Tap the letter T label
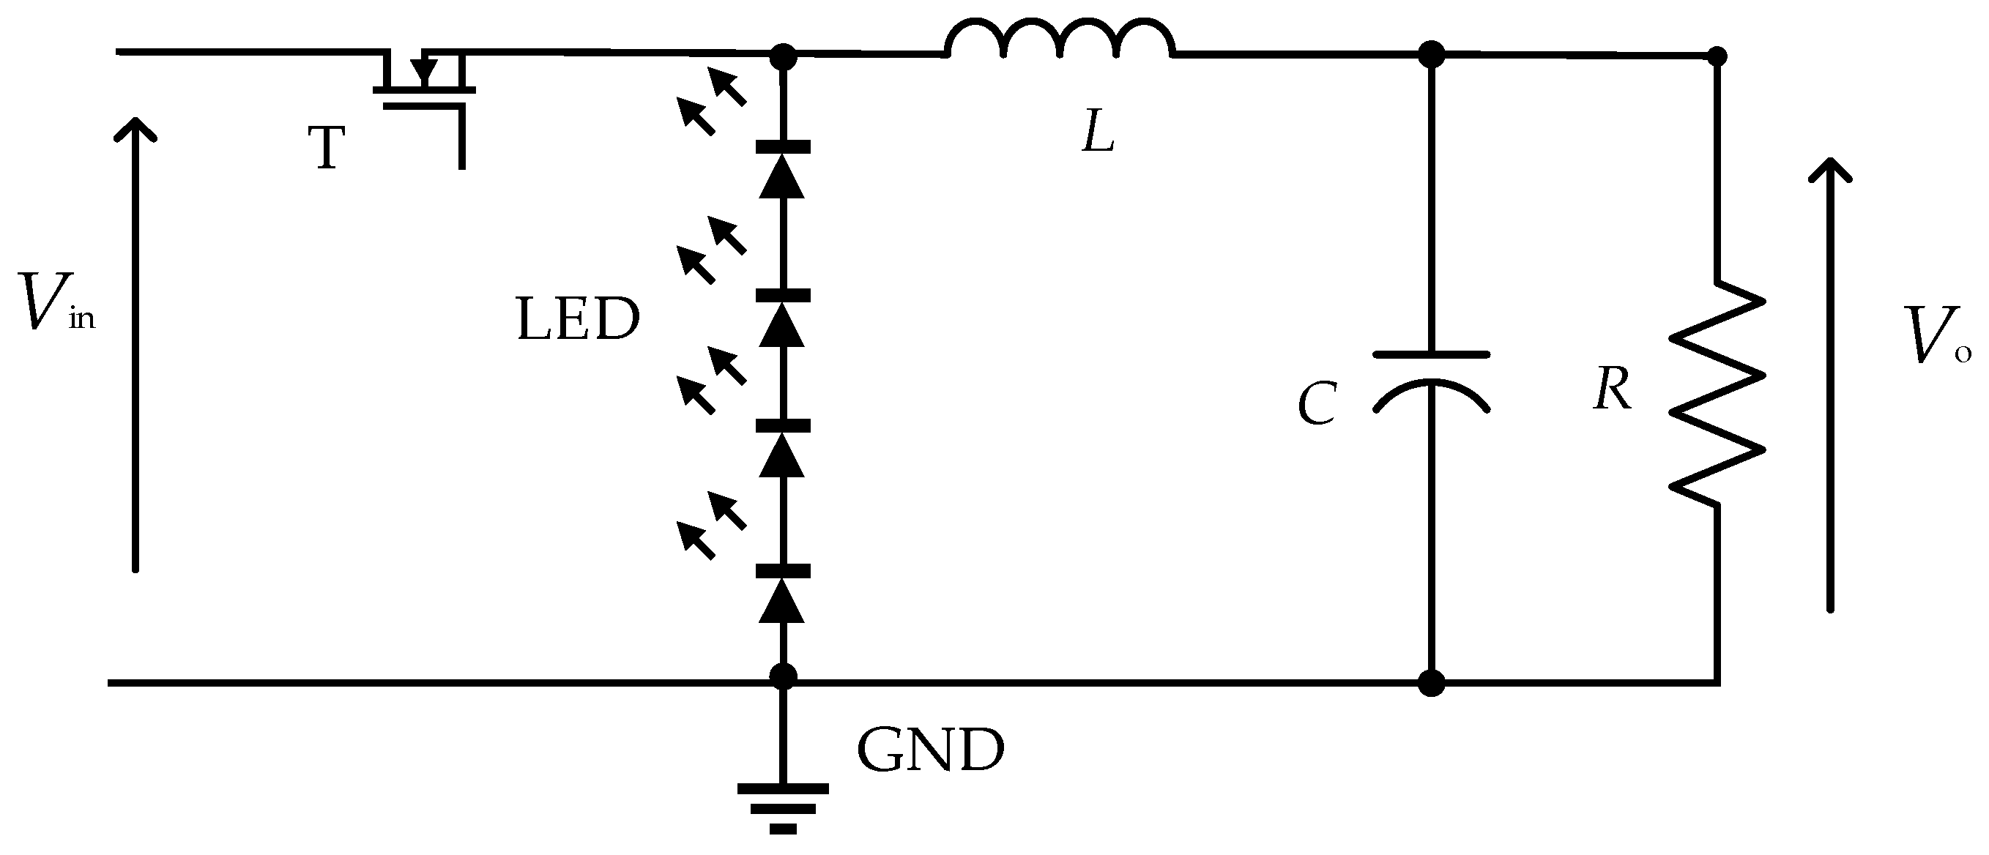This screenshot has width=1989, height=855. [327, 148]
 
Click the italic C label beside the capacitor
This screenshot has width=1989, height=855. [1317, 404]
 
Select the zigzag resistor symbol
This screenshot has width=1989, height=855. [1717, 394]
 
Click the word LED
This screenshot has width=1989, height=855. [578, 319]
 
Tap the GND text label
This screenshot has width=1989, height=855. [930, 750]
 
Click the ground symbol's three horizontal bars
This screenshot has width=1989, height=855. [783, 807]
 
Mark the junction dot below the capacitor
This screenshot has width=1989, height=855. [1431, 683]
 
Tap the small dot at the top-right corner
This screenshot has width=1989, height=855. [1717, 56]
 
